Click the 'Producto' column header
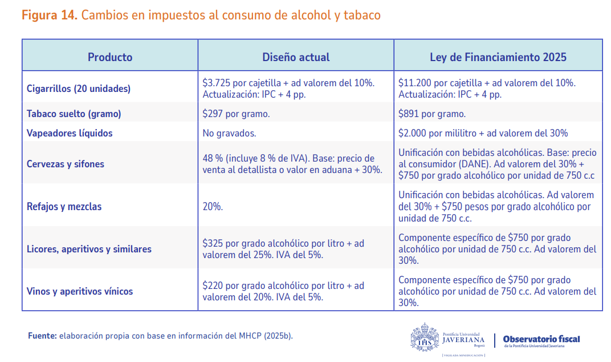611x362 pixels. point(110,57)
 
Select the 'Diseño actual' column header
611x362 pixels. point(296,57)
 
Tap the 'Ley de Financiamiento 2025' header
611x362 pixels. point(498,57)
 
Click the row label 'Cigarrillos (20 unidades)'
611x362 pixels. point(79,89)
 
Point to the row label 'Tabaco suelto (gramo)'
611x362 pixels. point(74,114)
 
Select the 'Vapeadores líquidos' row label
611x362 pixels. point(70,133)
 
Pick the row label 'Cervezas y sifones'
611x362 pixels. point(66,164)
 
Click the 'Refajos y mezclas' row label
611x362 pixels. point(64,206)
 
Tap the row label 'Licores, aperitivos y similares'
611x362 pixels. point(89,249)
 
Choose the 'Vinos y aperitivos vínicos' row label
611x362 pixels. point(80,291)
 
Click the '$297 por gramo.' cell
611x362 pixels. point(236,114)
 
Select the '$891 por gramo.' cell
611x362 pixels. point(432,114)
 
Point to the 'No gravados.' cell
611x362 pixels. point(229,133)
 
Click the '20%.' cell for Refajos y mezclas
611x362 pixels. point(213,206)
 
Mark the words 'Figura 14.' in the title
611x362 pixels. point(49,15)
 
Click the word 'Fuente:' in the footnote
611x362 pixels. point(42,336)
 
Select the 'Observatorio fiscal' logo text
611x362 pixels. point(541,339)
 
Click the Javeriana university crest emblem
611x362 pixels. point(425,336)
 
